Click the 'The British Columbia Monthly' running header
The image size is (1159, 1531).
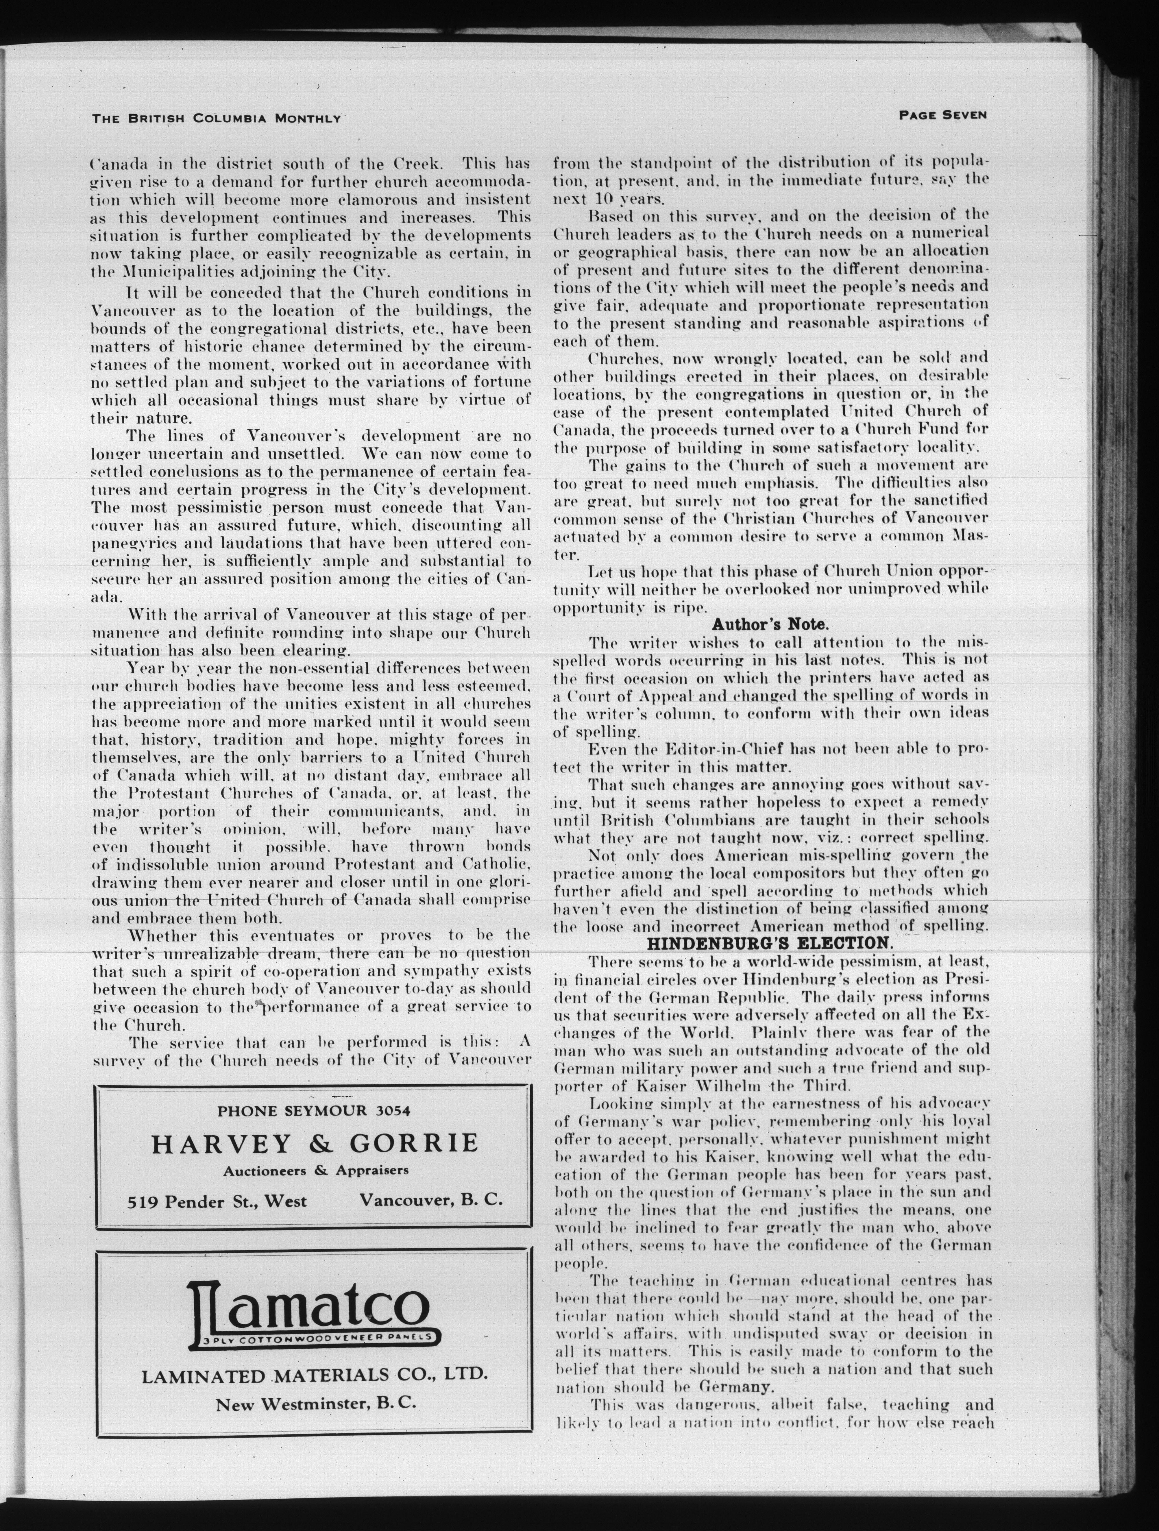(x=217, y=118)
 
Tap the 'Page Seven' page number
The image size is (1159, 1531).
(x=942, y=116)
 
